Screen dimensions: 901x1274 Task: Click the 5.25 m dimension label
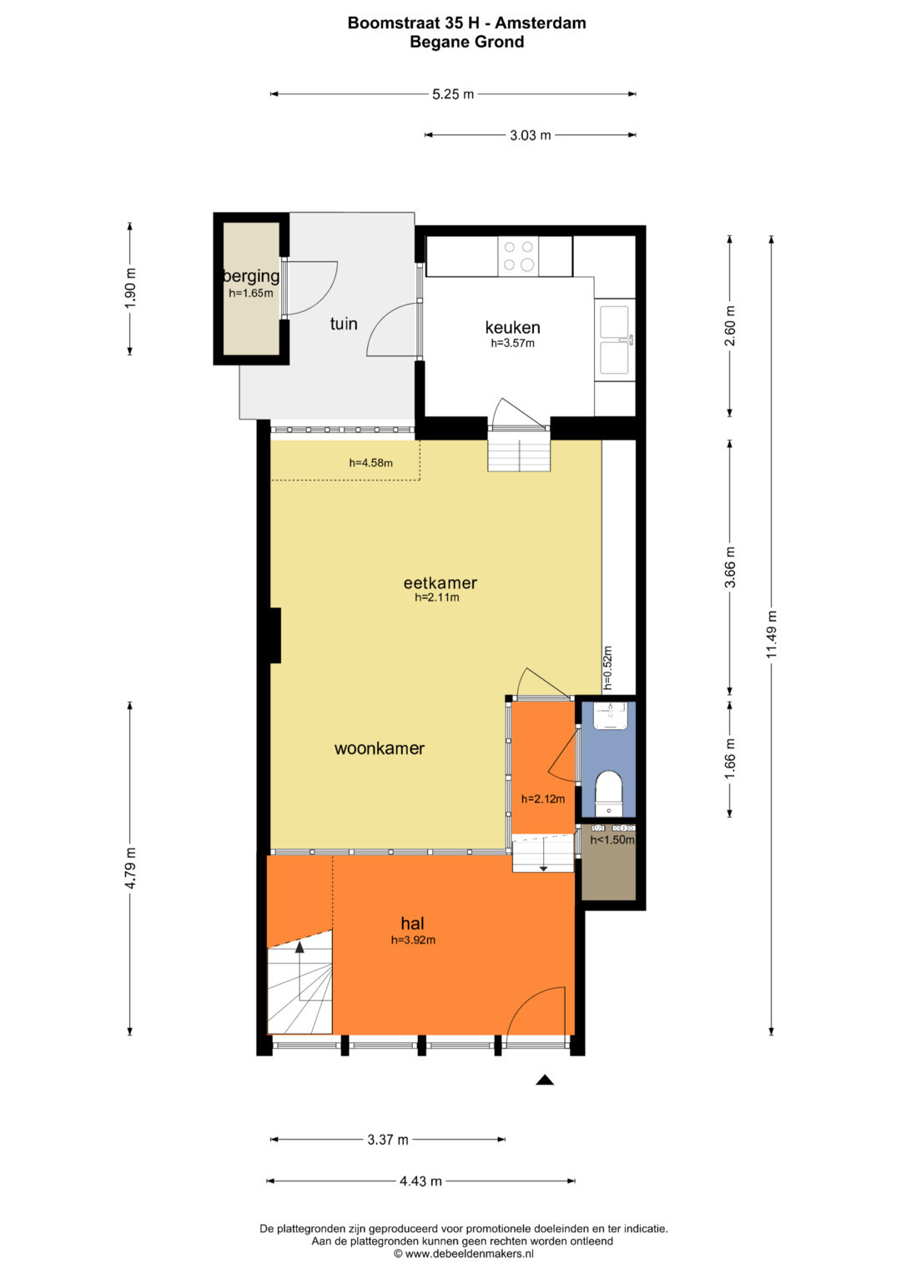coord(453,94)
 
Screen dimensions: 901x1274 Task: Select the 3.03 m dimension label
coord(530,135)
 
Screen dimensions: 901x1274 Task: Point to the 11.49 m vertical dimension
coord(772,634)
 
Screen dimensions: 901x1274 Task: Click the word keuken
coord(512,327)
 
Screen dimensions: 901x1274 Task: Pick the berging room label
coord(251,276)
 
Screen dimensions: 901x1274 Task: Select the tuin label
coord(344,324)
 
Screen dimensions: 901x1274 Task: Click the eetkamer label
coord(440,582)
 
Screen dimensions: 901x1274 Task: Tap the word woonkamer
coord(380,748)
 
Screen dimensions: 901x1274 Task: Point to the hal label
coord(412,923)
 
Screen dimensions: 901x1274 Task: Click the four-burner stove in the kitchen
coord(518,256)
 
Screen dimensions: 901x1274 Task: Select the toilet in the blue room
coord(609,793)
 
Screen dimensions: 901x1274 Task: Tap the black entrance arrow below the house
coord(544,1080)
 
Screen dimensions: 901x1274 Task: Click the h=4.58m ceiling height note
coord(371,463)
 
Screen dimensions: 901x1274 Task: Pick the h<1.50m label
coord(612,840)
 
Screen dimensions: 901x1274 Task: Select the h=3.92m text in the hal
coord(413,940)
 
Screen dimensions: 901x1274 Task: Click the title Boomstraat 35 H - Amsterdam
coord(466,23)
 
